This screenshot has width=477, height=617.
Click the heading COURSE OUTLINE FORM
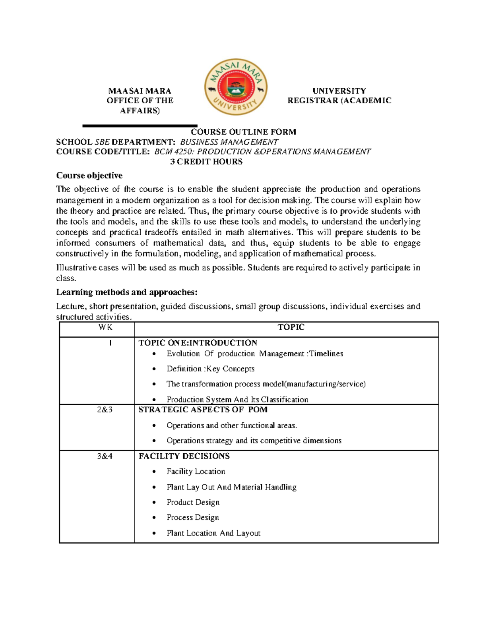tap(243, 132)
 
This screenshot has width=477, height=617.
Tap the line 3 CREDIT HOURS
tap(206, 162)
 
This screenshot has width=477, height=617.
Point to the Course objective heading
tap(89, 176)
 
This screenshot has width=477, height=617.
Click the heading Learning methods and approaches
tap(126, 292)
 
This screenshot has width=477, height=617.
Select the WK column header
tap(105, 327)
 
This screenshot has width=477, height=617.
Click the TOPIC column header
tap(291, 327)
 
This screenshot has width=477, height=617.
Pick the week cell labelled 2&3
tap(105, 410)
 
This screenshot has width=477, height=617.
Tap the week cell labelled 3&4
tap(105, 456)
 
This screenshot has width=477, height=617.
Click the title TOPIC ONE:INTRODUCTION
tap(198, 343)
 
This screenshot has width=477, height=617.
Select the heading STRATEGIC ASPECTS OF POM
tap(203, 410)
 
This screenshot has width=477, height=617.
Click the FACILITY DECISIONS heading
tap(184, 456)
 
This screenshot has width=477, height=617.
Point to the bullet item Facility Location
tap(196, 472)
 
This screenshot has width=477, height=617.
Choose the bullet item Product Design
tap(193, 503)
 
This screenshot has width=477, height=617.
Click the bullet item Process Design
tap(193, 518)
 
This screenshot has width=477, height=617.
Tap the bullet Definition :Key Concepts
tap(210, 369)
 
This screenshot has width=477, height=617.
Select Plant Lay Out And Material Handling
tap(231, 487)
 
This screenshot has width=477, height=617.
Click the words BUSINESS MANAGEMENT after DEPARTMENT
tap(229, 142)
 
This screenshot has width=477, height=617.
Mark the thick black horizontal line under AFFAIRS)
tap(140, 126)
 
